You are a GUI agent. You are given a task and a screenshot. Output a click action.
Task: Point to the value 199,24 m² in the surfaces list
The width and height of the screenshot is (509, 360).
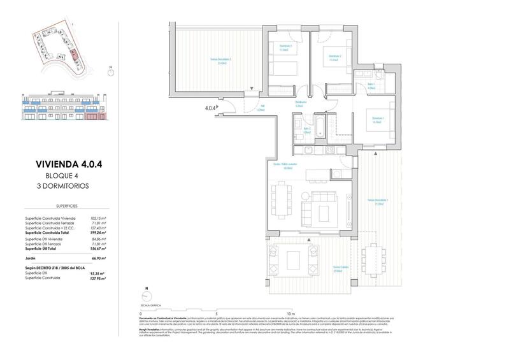pos(97,233)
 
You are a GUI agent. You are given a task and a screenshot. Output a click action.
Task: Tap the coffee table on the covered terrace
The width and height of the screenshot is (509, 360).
pos(295,259)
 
